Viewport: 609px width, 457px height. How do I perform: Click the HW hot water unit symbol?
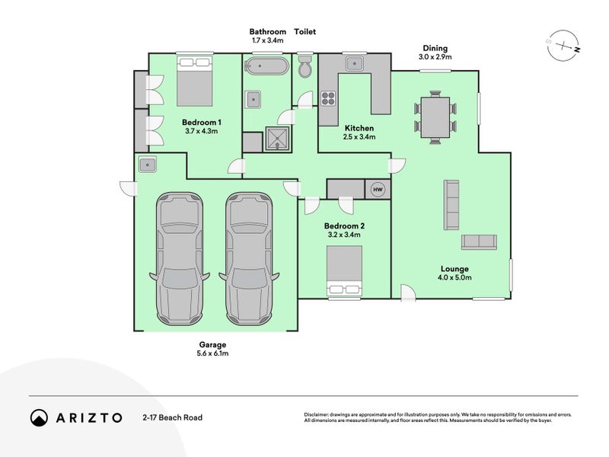coord(377,190)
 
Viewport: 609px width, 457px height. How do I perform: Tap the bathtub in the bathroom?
coord(266,66)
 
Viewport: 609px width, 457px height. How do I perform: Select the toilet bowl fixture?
coord(305,66)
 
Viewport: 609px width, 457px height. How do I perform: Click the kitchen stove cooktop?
coord(328,98)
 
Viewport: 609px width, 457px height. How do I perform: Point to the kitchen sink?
coord(354,62)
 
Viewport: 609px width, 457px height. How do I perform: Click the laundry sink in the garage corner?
coord(146,165)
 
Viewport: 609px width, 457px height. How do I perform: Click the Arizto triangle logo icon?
coord(39,417)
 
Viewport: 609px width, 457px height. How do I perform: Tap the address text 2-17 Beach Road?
coord(172,417)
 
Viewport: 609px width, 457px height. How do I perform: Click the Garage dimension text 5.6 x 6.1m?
coord(213,353)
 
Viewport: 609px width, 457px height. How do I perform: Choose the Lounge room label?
coord(454,269)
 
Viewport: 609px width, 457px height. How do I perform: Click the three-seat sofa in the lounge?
coord(451,205)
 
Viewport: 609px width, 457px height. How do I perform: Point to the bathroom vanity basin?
coord(253,99)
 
